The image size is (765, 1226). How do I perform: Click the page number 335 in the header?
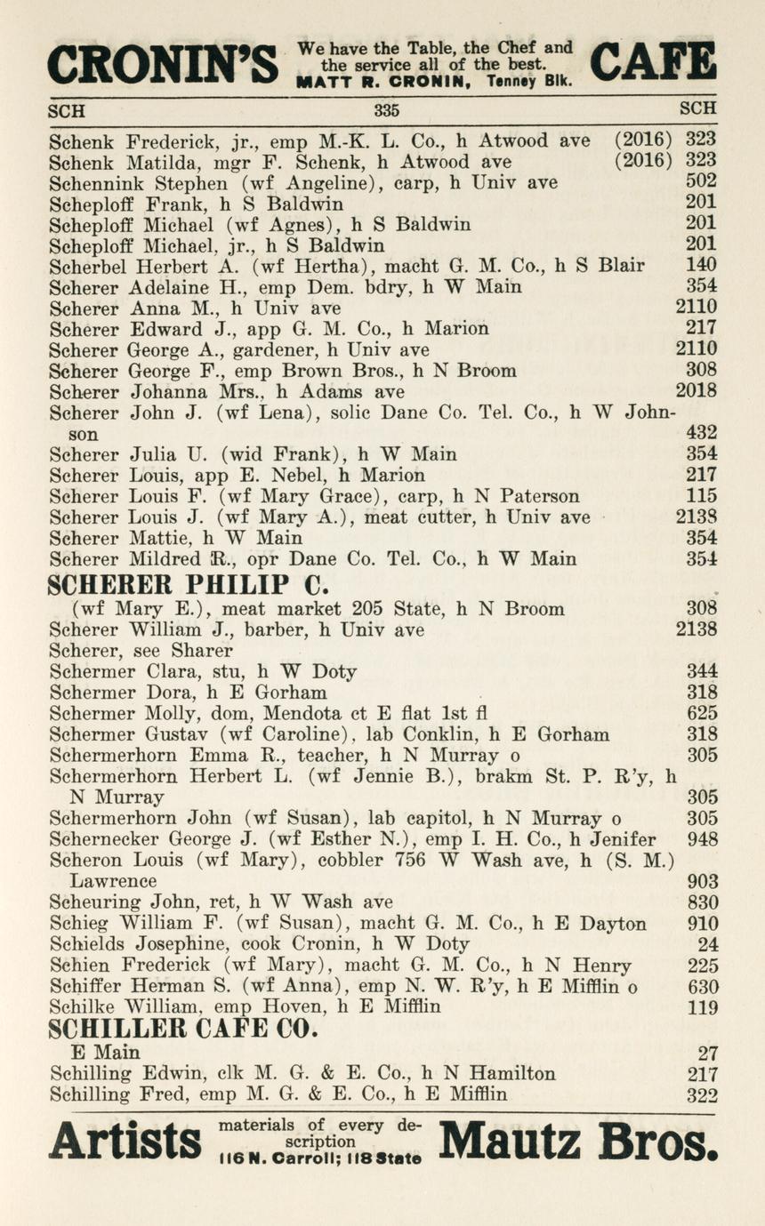386,111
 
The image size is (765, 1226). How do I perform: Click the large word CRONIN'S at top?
163,64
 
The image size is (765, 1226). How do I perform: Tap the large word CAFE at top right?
653,62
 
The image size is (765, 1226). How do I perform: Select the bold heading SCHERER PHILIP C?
189,585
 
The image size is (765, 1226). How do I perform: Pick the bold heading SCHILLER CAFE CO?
183,1030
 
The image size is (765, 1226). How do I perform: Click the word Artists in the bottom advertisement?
125,1142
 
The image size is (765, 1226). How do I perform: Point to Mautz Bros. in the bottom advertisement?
578,1141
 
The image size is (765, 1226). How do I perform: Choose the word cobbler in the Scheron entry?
365,860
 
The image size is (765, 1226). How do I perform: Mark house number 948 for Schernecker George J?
703,838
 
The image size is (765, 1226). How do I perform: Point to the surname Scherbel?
85,265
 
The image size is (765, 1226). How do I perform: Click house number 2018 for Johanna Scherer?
696,390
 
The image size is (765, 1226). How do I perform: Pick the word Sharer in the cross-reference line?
202,650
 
